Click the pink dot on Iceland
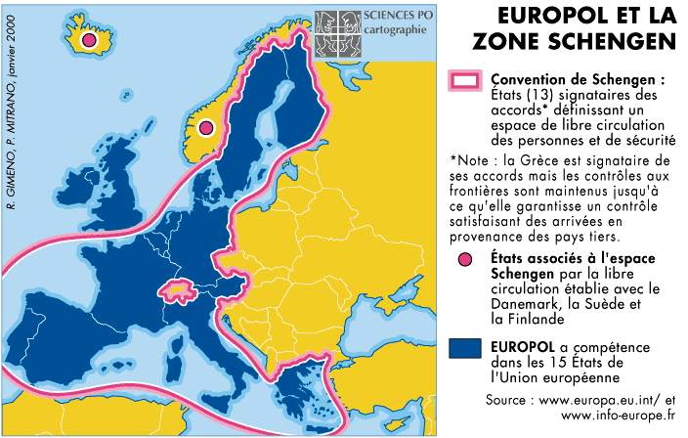[89, 41]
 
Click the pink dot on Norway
[206, 128]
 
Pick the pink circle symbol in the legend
[465, 259]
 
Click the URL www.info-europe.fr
[617, 416]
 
